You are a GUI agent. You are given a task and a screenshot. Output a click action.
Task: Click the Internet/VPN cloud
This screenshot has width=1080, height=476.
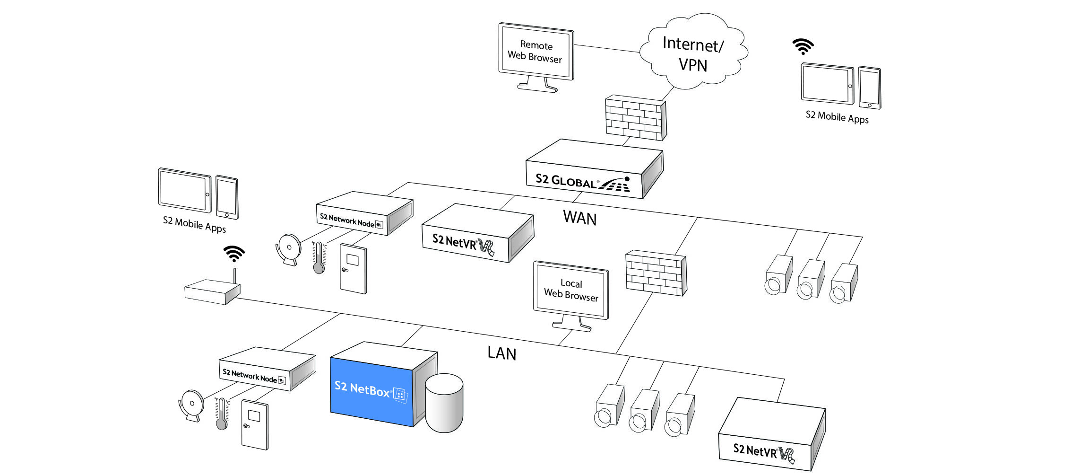tap(693, 52)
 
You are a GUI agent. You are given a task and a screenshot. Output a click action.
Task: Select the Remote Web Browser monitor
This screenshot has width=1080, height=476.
tap(536, 52)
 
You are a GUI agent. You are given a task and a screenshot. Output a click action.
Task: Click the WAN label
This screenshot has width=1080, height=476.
tap(579, 218)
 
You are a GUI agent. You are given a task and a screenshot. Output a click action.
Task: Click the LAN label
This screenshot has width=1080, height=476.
tap(501, 353)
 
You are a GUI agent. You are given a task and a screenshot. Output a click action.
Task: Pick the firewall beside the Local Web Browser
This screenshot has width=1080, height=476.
tap(656, 273)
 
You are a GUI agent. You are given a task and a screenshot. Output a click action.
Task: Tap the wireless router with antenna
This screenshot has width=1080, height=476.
tap(212, 291)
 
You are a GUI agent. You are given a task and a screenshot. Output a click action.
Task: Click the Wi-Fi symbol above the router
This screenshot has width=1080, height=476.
tap(234, 254)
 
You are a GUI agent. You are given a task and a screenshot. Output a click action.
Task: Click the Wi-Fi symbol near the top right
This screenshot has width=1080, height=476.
tap(803, 46)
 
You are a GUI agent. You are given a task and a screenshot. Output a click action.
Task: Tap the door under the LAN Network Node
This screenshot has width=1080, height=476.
tap(255, 424)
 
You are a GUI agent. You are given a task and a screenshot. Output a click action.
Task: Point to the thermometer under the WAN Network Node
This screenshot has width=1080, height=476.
tap(319, 258)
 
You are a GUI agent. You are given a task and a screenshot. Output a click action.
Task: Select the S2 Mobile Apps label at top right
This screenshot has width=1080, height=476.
tap(837, 117)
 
